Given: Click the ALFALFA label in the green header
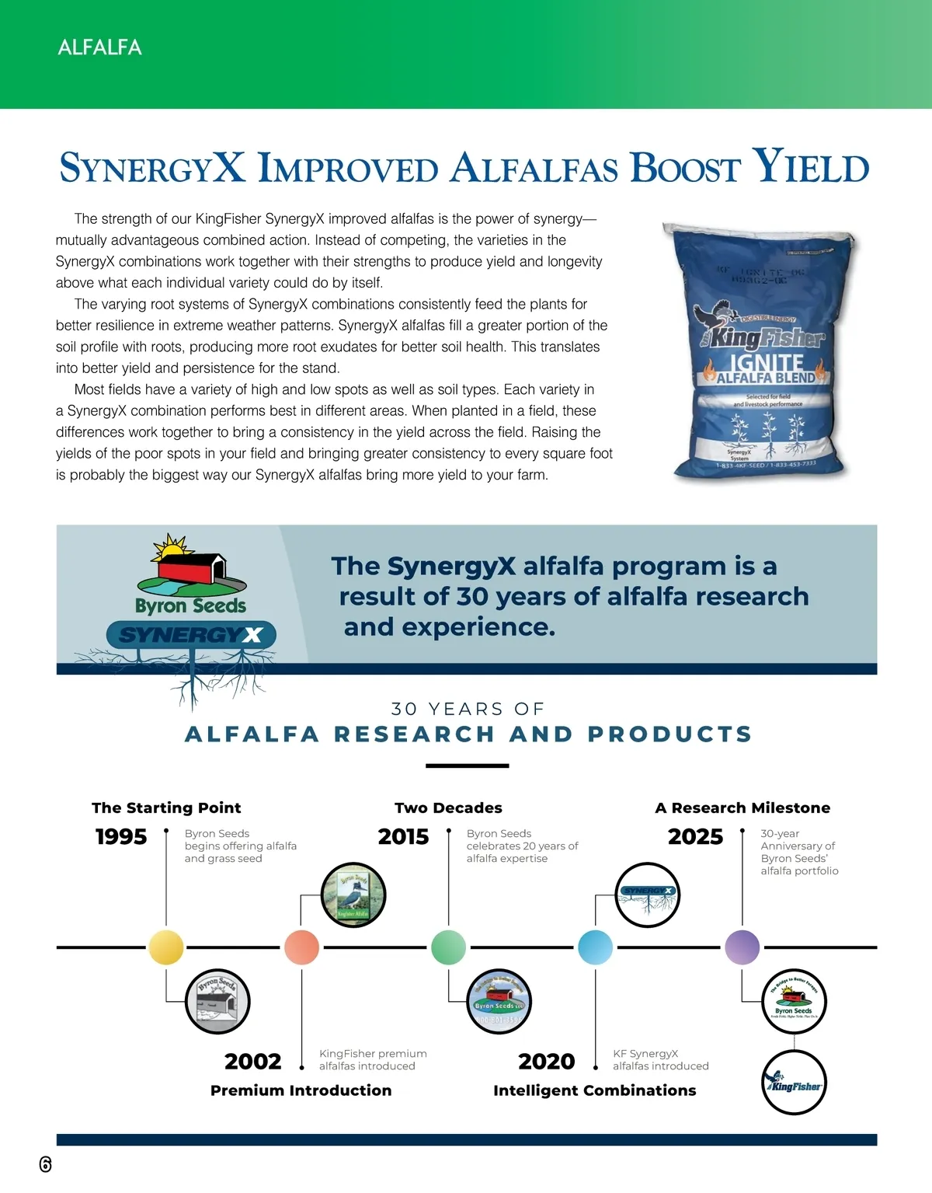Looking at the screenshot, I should [x=99, y=47].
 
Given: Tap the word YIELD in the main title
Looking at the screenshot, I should [x=811, y=167].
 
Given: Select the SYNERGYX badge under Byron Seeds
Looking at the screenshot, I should [x=191, y=635].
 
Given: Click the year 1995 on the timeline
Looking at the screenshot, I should [x=121, y=837].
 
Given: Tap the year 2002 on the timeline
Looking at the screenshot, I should [x=252, y=1062].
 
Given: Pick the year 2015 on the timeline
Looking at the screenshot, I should [x=403, y=837].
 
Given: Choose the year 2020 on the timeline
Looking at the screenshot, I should [x=546, y=1062].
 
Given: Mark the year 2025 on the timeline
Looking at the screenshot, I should [x=695, y=837].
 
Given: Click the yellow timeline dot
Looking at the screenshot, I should [x=166, y=947].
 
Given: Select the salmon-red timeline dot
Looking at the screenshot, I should [x=301, y=947].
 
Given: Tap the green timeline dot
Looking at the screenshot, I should [x=448, y=947].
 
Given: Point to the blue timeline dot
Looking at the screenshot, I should [x=595, y=947].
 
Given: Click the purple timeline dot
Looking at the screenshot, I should [x=742, y=947].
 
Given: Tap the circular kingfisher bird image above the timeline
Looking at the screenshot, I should [x=353, y=895].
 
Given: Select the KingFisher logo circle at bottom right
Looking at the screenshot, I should [x=794, y=1083].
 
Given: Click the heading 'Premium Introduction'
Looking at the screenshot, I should [x=301, y=1090].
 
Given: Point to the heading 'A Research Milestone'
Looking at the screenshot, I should [x=742, y=808].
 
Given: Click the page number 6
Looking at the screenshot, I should [x=45, y=1163].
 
